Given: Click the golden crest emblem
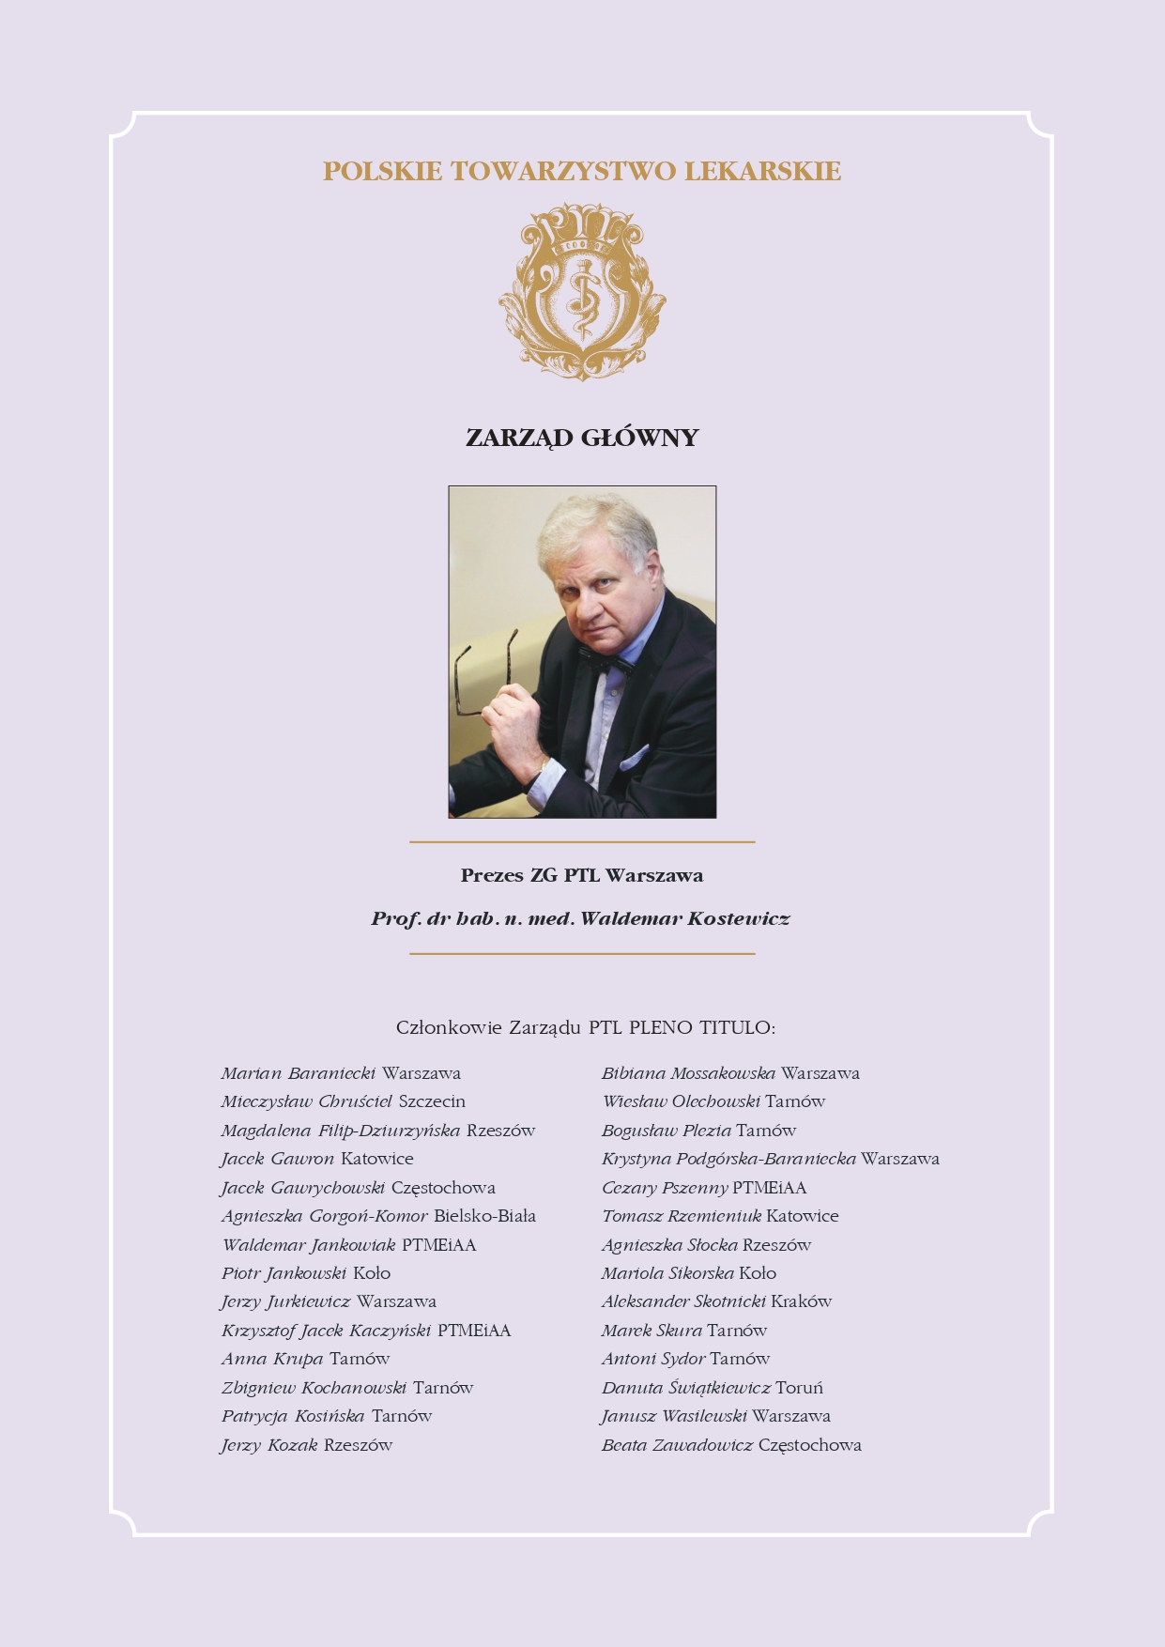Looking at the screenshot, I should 582,291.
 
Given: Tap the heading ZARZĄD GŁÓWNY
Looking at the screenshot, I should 582,439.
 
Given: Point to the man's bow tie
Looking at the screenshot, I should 605,660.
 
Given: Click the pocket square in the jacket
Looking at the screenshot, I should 634,757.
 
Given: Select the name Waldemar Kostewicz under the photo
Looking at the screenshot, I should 684,919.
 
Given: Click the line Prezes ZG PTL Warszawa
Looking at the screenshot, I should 582,876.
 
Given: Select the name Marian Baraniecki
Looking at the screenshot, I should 299,1073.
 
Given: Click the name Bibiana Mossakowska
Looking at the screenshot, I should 688,1073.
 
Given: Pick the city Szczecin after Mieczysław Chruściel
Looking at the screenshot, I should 432,1101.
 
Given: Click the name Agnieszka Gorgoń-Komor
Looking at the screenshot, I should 325,1216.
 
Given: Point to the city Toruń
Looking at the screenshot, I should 799,1388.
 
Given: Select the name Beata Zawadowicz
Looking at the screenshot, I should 677,1445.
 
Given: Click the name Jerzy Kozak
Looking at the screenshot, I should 269,1445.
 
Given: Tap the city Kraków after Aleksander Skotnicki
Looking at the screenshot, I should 801,1301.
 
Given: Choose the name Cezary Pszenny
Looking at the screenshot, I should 664,1188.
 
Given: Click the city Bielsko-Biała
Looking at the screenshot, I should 484,1216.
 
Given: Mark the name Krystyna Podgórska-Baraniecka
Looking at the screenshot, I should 728,1159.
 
